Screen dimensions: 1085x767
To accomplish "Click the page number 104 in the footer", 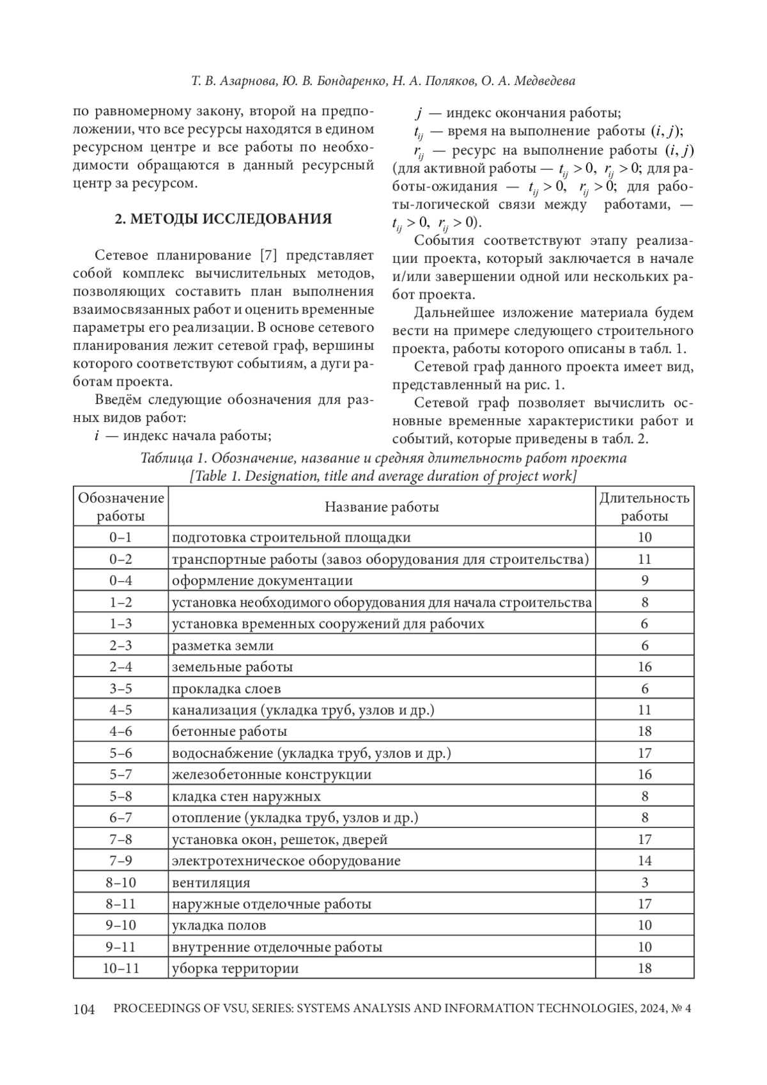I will pos(84,1009).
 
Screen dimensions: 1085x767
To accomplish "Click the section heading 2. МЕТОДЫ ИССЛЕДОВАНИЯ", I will pos(223,219).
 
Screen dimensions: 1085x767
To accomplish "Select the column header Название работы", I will pos(382,507).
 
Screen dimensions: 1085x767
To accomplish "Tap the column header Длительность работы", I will pos(644,507).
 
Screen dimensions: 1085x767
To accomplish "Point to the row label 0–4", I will pos(121,581).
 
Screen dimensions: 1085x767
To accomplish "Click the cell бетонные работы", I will pos(229,731).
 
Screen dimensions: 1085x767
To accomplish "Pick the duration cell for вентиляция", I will pos(644,882).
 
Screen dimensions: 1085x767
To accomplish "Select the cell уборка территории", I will pos(235,968).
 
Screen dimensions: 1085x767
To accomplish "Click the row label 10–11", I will pos(121,968).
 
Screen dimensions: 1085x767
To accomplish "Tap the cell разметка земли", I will pos(222,646).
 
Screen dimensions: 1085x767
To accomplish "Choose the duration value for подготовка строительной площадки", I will pos(644,538).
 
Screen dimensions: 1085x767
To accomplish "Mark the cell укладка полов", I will pos(219,925).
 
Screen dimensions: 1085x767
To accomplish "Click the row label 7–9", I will pos(121,861).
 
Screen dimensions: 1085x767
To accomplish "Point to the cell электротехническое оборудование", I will pos(286,861).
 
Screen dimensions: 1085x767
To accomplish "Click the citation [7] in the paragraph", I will pos(269,256).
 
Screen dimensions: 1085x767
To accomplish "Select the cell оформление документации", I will pos(262,581).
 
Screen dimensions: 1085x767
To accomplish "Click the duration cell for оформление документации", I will pos(644,581).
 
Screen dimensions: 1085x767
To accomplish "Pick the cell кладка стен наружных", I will pos(246,796).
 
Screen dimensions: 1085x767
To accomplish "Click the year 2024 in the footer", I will pos(649,1009).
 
